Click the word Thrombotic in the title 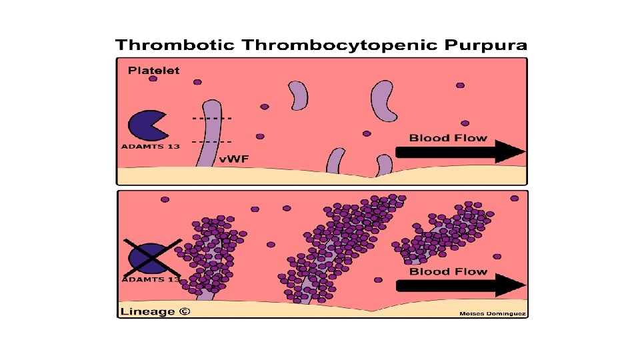pos(175,45)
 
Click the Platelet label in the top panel pos(154,70)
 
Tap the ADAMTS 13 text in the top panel pos(150,146)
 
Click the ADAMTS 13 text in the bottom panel pos(150,279)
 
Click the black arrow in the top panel pos(461,152)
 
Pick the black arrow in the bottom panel pos(461,285)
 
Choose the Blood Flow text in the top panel pos(448,138)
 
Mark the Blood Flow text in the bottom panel pos(448,271)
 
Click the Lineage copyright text pos(154,311)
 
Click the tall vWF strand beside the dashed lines pos(210,133)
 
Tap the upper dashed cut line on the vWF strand pos(212,118)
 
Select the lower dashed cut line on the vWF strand pos(212,142)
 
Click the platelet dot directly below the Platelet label pos(153,79)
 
